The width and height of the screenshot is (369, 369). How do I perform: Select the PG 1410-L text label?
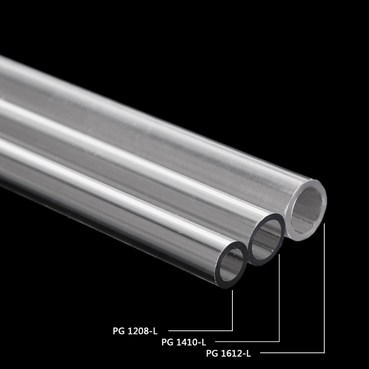point(184,342)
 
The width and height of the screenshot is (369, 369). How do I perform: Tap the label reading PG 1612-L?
point(228,354)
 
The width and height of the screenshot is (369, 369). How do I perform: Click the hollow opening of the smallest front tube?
point(232,266)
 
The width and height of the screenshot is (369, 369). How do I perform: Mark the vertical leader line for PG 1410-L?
point(280,300)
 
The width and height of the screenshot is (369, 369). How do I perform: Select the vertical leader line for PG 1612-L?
point(325,286)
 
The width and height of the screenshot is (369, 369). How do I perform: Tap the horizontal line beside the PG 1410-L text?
point(247,342)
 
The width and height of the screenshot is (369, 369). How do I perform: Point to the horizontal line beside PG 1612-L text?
point(295,353)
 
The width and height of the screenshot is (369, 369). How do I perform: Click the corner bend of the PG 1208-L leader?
point(232,330)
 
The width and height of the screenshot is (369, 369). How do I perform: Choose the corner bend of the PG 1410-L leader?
point(280,342)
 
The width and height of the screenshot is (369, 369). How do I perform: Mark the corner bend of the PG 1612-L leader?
point(325,353)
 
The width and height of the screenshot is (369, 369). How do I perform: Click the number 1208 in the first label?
point(138,330)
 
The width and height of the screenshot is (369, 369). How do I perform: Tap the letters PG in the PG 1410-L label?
point(167,342)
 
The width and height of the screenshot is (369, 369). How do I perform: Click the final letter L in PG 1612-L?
point(249,354)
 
